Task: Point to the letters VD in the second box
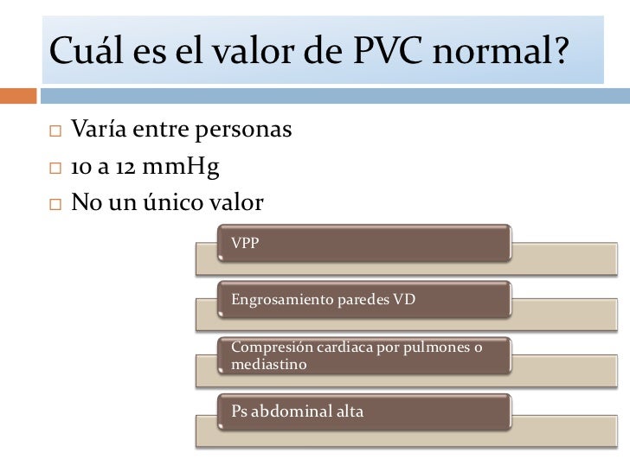click(404, 300)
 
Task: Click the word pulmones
click(430, 348)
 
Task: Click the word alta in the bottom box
click(350, 411)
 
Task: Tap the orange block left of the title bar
click(18, 94)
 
